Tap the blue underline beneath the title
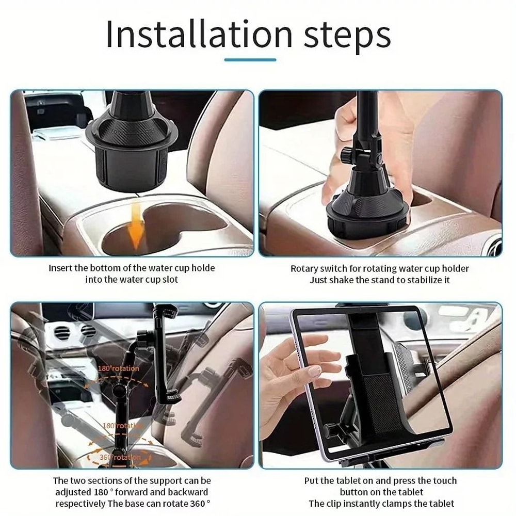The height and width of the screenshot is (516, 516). [x=250, y=60]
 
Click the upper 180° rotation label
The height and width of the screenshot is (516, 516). [x=118, y=368]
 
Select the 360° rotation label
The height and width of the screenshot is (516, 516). [x=120, y=457]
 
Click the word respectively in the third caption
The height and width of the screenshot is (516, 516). [x=80, y=503]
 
